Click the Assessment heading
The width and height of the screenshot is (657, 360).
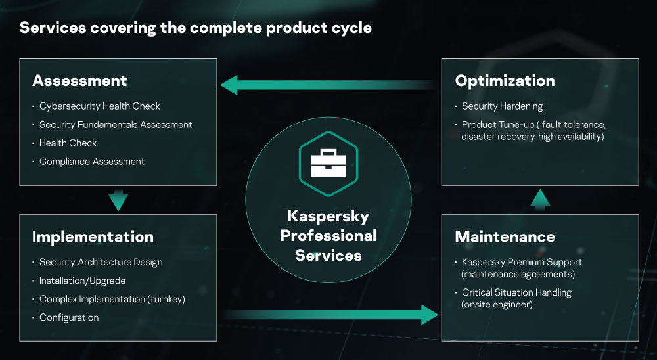(79, 81)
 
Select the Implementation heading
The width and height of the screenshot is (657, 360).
(93, 236)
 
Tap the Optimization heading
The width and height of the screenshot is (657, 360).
(505, 81)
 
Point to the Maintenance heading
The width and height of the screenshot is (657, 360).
(505, 236)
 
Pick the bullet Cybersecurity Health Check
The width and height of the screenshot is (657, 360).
(99, 106)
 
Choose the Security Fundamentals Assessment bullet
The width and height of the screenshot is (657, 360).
(116, 124)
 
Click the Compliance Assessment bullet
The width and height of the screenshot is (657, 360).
(92, 161)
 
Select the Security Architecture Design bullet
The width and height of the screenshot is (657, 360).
(101, 262)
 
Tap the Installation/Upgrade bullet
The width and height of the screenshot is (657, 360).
(82, 281)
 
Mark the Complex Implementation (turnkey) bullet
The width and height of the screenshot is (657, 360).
(112, 299)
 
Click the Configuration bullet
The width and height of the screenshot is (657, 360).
(69, 317)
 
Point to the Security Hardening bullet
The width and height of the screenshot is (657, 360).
(502, 106)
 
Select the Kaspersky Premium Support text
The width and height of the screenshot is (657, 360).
(522, 262)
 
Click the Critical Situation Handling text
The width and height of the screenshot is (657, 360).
(516, 292)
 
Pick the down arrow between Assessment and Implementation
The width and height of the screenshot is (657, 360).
(118, 200)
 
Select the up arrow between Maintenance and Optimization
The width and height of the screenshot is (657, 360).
(539, 200)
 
